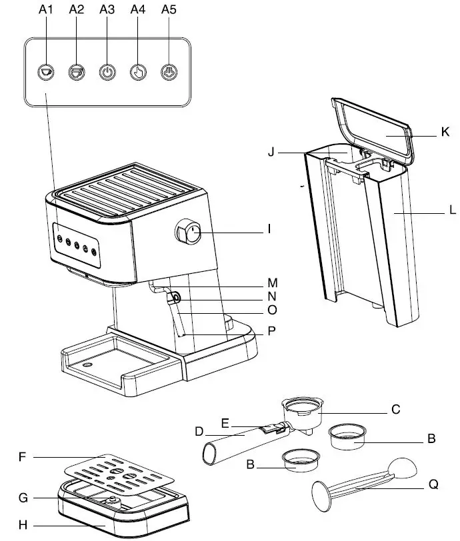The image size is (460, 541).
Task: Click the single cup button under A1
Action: point(45,71)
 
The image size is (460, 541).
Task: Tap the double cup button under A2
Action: point(76,71)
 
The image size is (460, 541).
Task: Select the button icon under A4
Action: point(137,71)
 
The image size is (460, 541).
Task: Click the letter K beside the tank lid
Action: point(445,132)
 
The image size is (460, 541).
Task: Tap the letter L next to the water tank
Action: point(452,212)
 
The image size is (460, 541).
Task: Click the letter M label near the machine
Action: point(272,282)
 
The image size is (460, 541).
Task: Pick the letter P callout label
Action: point(271,329)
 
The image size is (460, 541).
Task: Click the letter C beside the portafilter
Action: point(395,410)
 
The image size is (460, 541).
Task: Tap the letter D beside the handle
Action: point(199,431)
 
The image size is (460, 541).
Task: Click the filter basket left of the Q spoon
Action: point(300,460)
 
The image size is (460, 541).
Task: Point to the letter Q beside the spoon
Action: point(433,485)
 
